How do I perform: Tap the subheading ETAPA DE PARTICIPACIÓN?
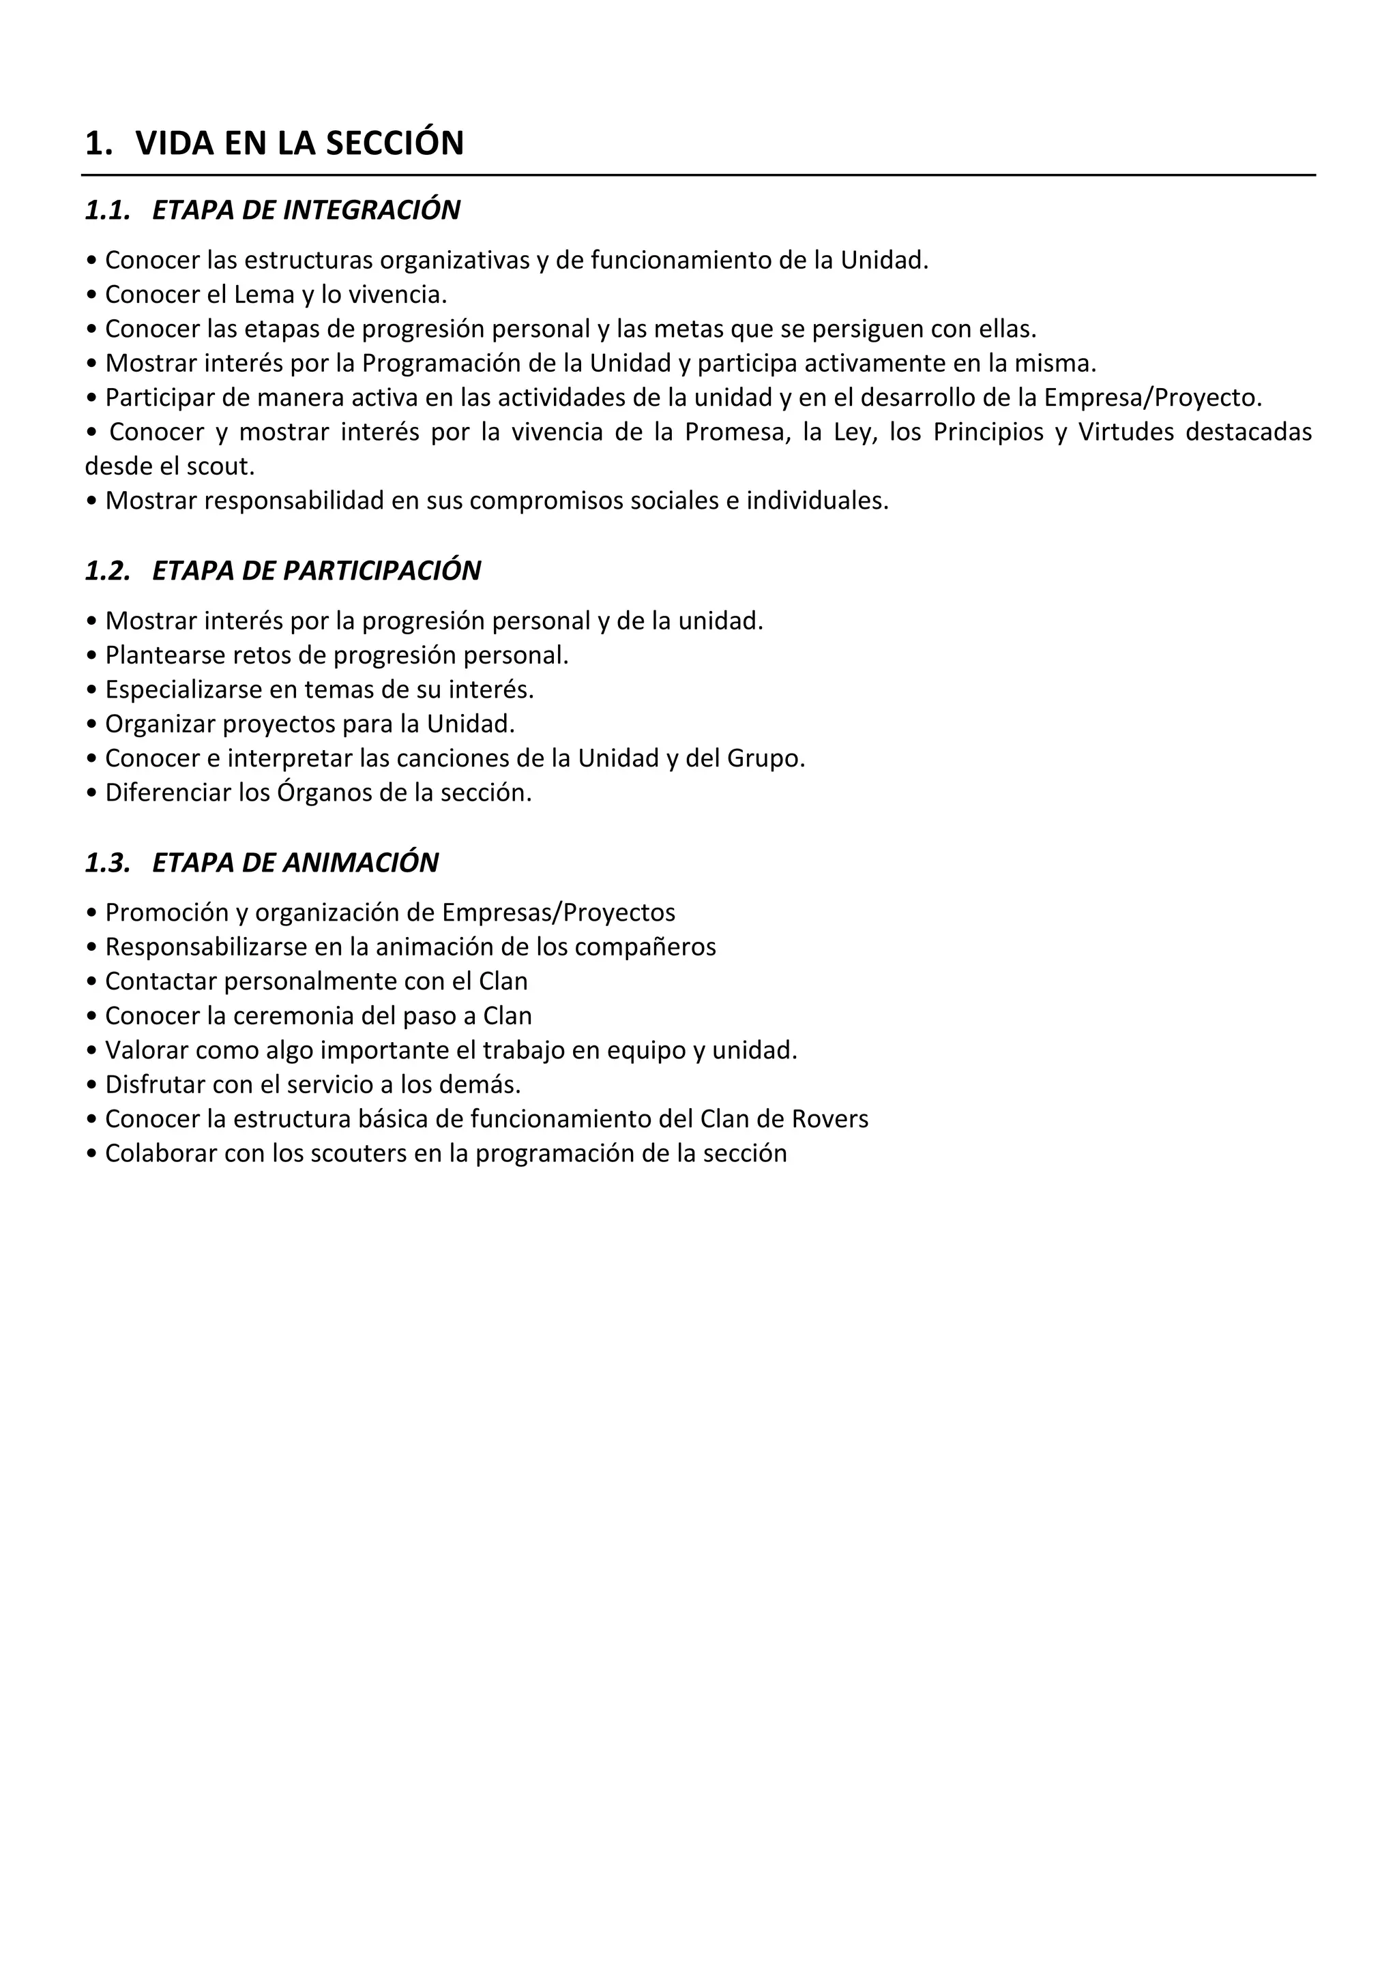tap(316, 570)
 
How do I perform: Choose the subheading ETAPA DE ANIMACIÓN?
tap(295, 862)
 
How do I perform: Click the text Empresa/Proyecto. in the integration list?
tap(1153, 398)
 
